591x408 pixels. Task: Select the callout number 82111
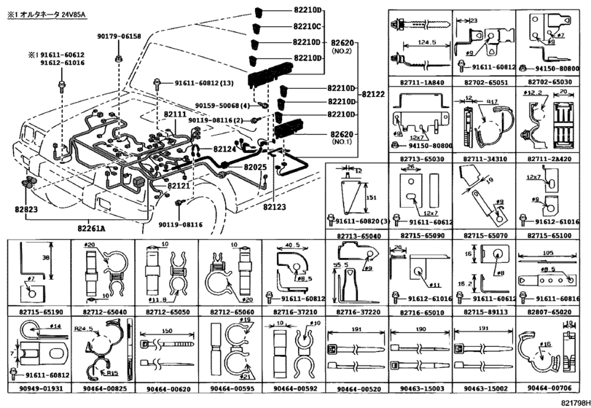click(x=175, y=115)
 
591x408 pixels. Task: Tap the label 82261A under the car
click(x=92, y=228)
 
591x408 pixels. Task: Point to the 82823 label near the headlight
click(x=26, y=208)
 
